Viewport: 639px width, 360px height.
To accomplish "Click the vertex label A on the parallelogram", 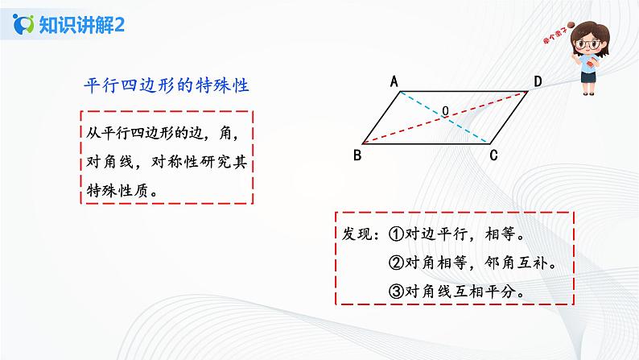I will click(395, 81).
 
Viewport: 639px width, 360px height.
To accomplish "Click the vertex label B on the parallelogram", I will click(357, 152).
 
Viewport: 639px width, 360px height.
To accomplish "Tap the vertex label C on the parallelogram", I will click(495, 153).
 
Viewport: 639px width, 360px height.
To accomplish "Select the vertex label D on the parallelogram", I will click(536, 81).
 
